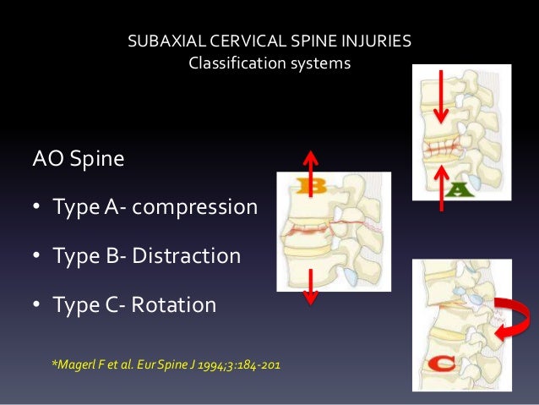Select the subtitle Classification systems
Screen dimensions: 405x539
269,63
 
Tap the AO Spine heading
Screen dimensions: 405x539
77,158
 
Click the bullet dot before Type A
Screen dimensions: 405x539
38,207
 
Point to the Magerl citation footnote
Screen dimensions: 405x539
166,364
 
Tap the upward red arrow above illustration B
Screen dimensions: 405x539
311,172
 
